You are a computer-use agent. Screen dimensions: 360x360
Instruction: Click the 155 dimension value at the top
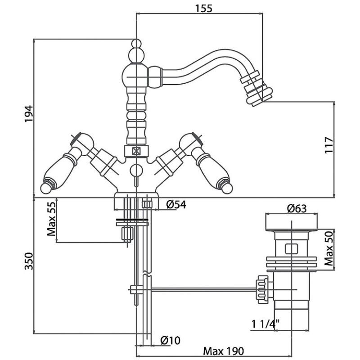204,8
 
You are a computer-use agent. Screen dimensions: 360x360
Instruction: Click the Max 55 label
52,220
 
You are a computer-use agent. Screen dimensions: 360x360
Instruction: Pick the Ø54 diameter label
176,205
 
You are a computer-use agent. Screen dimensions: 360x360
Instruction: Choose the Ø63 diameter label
297,209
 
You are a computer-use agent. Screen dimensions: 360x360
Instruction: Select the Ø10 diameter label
170,341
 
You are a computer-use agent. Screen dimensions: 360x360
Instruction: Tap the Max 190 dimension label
223,351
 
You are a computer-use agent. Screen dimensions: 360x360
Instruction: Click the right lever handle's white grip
210,167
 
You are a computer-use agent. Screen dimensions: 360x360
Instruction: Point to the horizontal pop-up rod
202,288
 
